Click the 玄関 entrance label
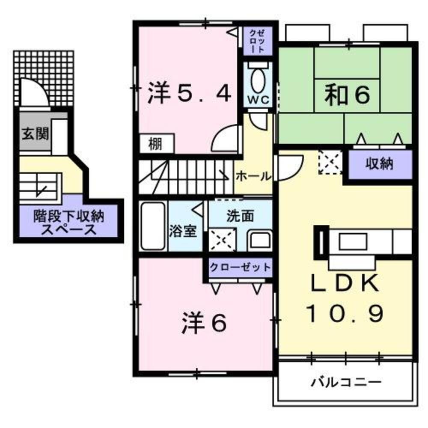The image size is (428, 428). coord(36,134)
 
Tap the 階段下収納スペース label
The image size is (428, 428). coord(68,223)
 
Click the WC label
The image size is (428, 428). coord(258,99)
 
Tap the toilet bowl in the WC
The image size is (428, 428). coord(258,80)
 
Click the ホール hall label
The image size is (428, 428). coord(253,175)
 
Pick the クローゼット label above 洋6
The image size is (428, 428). coord(240,267)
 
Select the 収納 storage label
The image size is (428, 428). coord(379,163)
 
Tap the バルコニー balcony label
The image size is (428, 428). coord(346,380)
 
